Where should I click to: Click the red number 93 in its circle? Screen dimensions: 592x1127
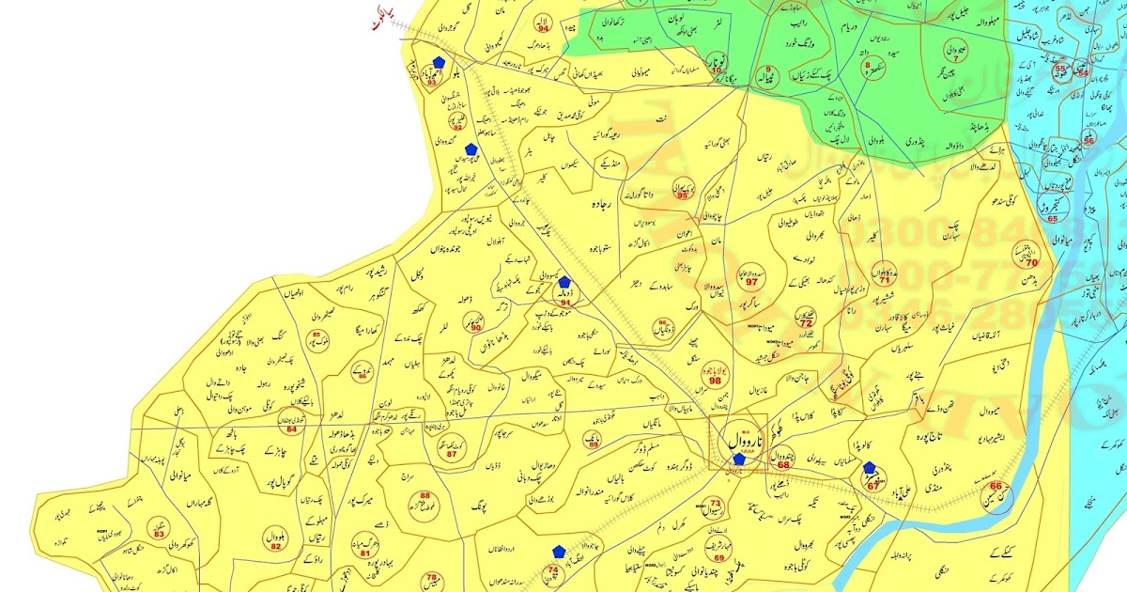click(x=432, y=83)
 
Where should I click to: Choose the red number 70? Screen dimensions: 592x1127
click(x=1031, y=263)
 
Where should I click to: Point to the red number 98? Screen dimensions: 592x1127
click(x=715, y=381)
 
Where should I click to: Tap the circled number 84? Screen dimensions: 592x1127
click(x=291, y=429)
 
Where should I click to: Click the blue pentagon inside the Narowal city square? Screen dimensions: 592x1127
click(x=739, y=459)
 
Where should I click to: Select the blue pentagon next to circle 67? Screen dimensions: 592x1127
click(x=870, y=467)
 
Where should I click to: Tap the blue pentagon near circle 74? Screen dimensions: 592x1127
click(x=559, y=551)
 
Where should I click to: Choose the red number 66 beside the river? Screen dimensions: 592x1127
click(x=997, y=486)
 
